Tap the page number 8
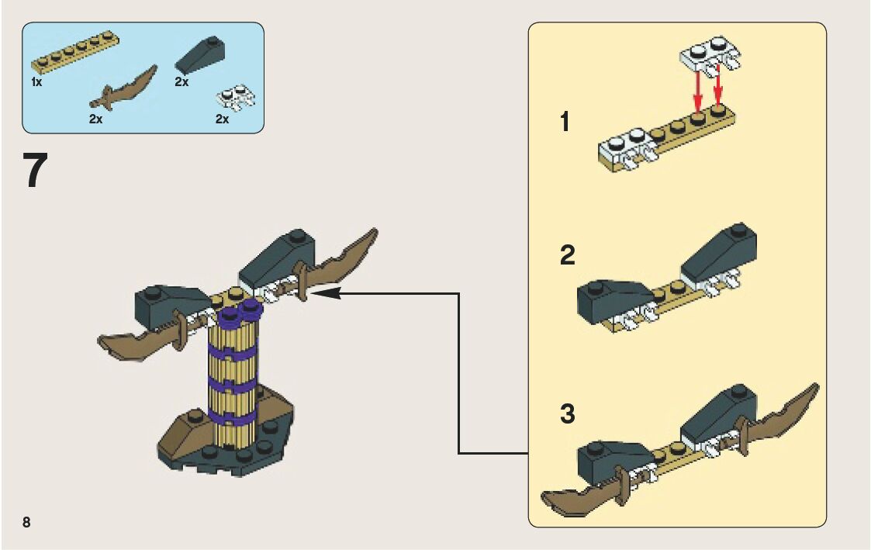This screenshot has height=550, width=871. (26, 521)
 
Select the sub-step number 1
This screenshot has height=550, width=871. (565, 122)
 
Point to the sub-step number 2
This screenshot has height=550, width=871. (568, 256)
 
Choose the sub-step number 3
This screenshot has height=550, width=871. (568, 414)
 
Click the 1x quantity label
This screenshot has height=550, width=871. (36, 81)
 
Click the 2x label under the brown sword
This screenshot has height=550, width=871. (96, 119)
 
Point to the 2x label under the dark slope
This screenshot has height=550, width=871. (182, 81)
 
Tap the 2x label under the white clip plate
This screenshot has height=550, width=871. (222, 119)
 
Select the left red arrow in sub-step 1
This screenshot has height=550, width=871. (698, 92)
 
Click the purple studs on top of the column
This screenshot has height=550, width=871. (240, 313)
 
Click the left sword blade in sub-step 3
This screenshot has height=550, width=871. (577, 497)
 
